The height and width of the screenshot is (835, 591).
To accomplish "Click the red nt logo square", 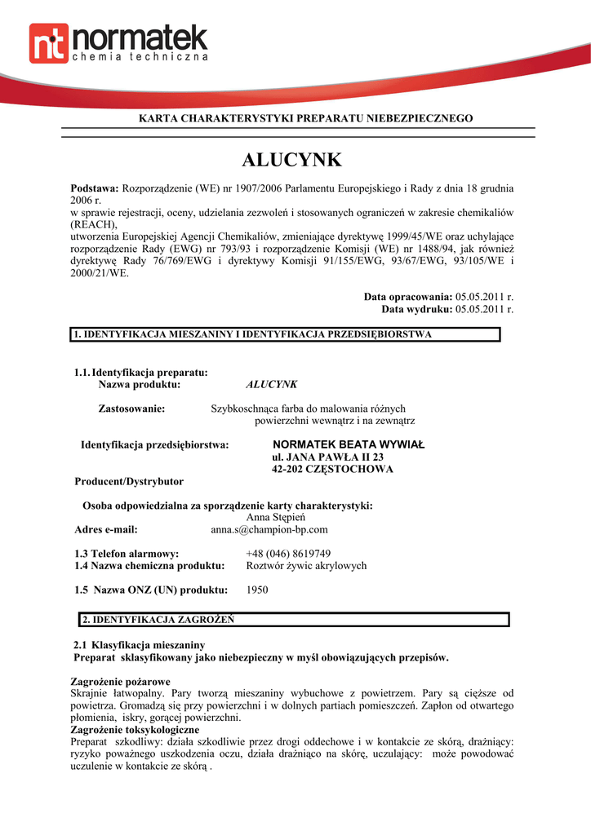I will coord(48,43).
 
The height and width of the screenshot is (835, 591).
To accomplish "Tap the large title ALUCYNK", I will coord(292,160).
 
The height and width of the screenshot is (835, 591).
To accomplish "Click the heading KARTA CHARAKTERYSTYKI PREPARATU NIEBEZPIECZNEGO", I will coord(305,119).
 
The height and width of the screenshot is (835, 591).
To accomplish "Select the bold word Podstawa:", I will coord(95,188).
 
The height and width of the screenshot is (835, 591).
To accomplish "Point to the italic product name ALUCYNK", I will coord(272,383).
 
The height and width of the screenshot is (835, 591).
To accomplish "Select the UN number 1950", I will coord(257,590).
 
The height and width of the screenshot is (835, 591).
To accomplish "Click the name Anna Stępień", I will coord(275,517).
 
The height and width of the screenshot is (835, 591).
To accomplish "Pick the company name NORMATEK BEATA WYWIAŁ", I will coord(349,444).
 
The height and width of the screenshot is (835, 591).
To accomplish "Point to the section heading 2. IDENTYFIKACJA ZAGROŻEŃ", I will coord(158,619).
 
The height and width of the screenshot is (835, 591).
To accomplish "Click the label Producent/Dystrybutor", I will coord(129,481).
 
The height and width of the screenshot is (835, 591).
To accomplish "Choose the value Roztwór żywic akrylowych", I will coord(306,565).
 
